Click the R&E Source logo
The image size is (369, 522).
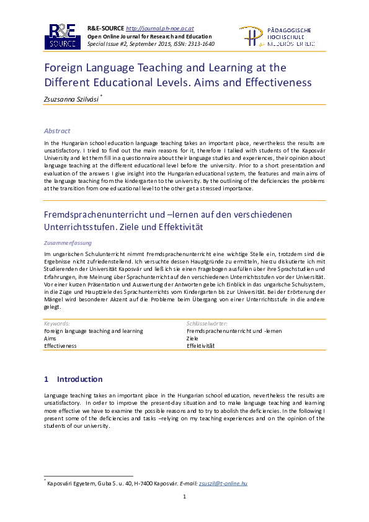tap(62, 37)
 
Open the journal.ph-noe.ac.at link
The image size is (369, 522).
tap(160, 29)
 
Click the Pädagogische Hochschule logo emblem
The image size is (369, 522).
tap(251, 37)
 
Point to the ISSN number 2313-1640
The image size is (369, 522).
tap(202, 44)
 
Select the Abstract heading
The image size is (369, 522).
tap(57, 131)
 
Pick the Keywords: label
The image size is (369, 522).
tap(57, 323)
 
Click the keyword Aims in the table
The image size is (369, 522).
tap(50, 338)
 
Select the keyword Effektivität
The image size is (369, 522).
tap(200, 346)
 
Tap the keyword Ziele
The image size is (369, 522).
tap(193, 338)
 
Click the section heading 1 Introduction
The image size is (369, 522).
tap(73, 379)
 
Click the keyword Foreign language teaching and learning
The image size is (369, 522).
tap(93, 331)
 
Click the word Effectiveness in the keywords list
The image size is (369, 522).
tap(60, 346)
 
